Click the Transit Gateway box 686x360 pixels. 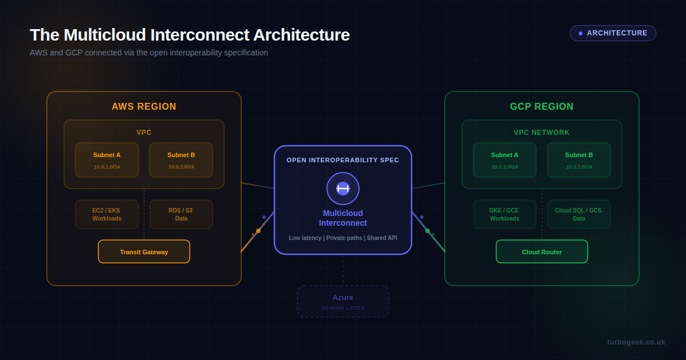[144, 251]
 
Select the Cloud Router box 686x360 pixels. [541, 251]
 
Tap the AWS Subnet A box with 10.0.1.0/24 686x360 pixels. [107, 160]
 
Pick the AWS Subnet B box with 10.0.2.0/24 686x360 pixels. [181, 160]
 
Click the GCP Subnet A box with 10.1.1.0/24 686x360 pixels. [505, 160]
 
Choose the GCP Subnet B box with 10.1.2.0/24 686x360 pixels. [579, 160]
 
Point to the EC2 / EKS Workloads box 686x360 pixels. [107, 214]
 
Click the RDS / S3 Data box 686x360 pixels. [181, 214]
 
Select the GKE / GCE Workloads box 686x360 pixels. [505, 214]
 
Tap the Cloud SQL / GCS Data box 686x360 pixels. [579, 214]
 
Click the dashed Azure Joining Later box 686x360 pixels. [343, 301]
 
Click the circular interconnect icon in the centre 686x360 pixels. [343, 189]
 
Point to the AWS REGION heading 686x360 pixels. [144, 107]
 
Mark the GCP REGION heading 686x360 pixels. [541, 107]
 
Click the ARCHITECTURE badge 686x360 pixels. [613, 33]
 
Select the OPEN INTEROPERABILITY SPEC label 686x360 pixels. [343, 160]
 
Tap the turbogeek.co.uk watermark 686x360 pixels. [636, 342]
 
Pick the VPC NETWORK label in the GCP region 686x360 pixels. [541, 133]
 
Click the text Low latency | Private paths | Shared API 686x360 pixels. [343, 238]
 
